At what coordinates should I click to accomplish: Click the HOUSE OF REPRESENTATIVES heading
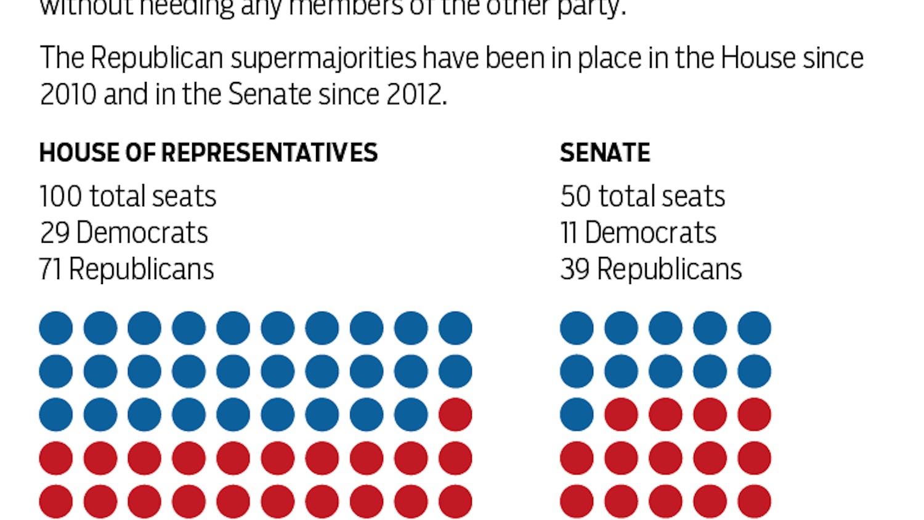tap(208, 153)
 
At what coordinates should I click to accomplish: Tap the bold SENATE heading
tap(605, 153)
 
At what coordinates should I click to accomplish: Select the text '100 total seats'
tap(128, 197)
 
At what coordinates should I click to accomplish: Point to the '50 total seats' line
tap(642, 197)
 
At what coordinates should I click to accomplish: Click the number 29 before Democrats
tap(55, 233)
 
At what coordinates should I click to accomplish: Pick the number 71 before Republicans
tap(51, 269)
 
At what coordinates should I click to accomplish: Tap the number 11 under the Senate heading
tap(569, 233)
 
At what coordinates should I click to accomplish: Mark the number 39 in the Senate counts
tap(575, 269)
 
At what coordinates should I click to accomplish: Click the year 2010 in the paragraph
tap(68, 95)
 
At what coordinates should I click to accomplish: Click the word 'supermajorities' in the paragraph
tap(323, 59)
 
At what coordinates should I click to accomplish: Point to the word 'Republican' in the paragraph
tap(156, 59)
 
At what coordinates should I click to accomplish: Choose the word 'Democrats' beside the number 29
tap(142, 233)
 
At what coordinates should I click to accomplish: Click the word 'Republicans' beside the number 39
tap(670, 269)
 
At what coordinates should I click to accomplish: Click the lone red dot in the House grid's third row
tap(455, 415)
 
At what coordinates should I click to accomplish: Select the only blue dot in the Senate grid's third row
tap(577, 415)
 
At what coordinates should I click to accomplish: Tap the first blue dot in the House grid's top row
tap(56, 328)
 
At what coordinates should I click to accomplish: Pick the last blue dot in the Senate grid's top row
tap(754, 328)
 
